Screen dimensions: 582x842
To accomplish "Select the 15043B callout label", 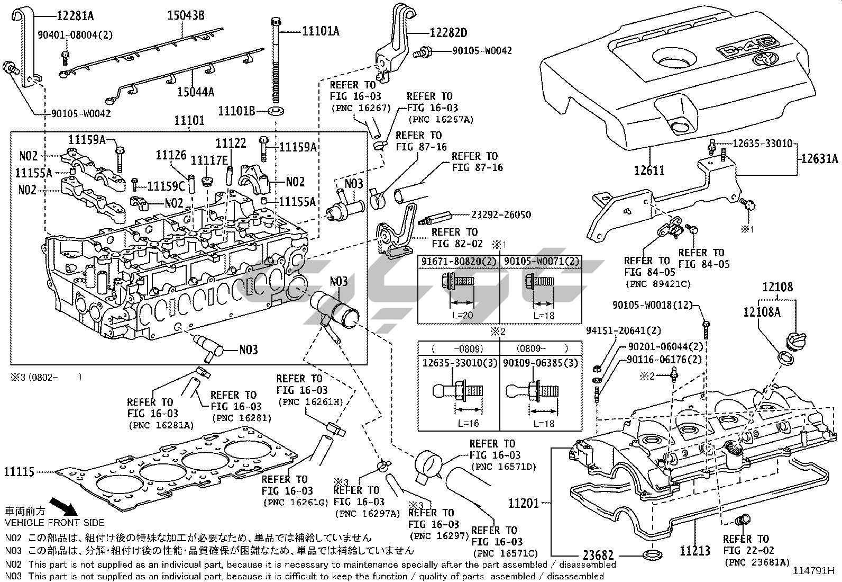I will point(186,15).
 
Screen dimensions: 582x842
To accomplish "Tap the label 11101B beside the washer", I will point(237,111).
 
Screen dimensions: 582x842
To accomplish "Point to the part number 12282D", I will point(449,33).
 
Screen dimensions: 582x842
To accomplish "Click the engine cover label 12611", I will point(649,171).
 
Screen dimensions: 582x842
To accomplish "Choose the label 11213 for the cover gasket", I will point(695,551).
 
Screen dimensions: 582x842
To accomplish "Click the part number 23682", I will point(598,556).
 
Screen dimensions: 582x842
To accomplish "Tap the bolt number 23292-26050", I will point(501,215).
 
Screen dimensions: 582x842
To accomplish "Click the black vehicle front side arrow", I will point(62,506).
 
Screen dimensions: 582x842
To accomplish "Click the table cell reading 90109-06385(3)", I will point(541,363).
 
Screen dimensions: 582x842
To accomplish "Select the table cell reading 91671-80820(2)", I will point(459,261).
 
